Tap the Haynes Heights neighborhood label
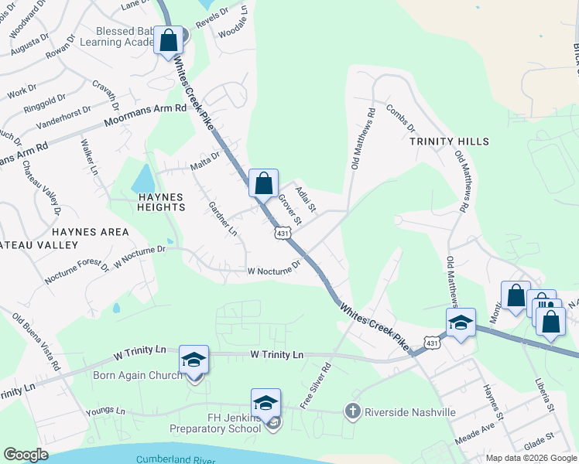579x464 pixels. coord(161,202)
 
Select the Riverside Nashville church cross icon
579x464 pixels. coord(353,411)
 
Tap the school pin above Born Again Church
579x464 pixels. coord(194,360)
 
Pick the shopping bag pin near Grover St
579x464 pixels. coord(263,185)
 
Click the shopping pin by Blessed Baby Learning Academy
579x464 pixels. coord(168,41)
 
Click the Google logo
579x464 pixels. coord(26,454)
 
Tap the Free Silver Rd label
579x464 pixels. coord(318,387)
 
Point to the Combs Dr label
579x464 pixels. coord(400,117)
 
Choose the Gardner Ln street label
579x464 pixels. coord(223,217)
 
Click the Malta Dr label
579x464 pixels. coord(205,160)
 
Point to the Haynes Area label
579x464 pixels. coord(91,231)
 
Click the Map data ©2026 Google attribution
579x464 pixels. coord(529,458)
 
